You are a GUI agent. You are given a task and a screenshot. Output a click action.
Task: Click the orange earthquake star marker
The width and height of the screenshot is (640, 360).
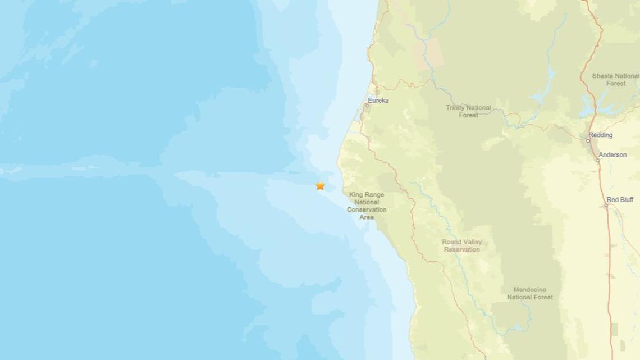[320, 185]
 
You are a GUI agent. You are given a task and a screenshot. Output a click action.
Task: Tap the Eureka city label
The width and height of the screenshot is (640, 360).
[378, 101]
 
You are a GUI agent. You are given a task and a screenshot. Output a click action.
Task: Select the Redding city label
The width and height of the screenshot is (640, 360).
[600, 135]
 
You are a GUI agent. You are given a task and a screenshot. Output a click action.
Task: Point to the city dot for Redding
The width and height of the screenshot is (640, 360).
[588, 140]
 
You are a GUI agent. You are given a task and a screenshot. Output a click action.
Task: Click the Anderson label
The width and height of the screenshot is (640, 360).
[612, 155]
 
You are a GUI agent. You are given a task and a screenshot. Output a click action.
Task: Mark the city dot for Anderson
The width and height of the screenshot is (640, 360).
[597, 160]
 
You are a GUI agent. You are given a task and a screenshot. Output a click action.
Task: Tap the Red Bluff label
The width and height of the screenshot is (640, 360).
[620, 200]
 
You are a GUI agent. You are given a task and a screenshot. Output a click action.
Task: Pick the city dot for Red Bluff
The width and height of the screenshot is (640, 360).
[606, 206]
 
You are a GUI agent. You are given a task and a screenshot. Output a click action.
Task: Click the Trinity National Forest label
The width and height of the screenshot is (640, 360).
[468, 111]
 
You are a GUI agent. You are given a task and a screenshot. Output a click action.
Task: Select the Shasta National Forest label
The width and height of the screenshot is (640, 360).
[615, 79]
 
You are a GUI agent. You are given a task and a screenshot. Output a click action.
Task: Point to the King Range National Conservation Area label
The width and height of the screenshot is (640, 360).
[367, 206]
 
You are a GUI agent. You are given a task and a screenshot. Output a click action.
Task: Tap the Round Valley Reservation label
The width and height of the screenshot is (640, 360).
[461, 245]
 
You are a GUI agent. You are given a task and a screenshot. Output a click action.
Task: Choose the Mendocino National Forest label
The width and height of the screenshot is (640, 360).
[529, 293]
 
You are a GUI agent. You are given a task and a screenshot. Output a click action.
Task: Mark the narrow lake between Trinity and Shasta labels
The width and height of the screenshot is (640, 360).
[547, 79]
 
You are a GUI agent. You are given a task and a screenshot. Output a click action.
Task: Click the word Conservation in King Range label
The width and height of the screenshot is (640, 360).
[367, 209]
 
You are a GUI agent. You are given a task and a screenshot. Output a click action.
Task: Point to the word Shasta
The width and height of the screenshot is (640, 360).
[603, 76]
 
